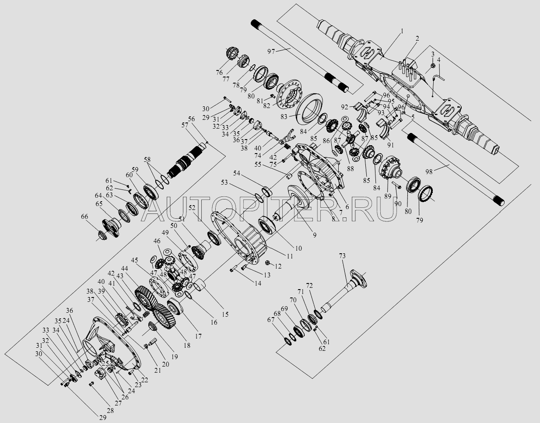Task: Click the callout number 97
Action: point(271,52)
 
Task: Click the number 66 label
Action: point(84,217)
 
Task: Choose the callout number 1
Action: point(402,31)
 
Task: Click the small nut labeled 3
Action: point(431,66)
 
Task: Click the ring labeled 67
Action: point(289,339)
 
